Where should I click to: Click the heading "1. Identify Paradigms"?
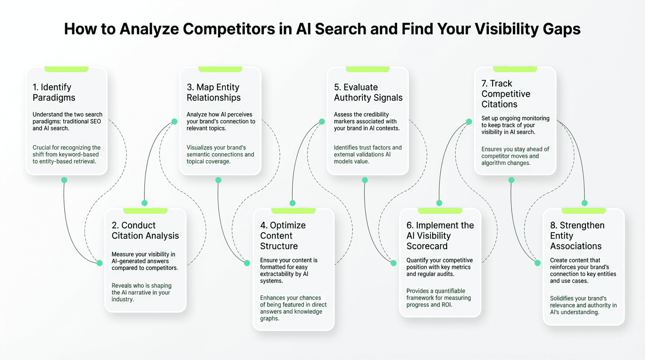(x=54, y=92)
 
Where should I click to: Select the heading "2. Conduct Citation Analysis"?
(x=145, y=230)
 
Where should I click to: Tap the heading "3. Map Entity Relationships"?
(x=213, y=92)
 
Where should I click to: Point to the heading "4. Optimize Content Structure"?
(x=283, y=235)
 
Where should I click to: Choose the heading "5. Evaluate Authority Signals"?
(x=368, y=92)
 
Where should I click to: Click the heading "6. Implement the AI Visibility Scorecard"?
(x=440, y=235)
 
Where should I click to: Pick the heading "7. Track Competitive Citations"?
(x=506, y=94)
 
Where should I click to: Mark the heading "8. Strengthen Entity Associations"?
(x=577, y=235)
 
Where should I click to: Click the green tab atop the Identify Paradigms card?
(x=66, y=69)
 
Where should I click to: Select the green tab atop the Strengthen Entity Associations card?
(x=584, y=210)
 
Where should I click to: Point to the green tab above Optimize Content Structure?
(x=293, y=210)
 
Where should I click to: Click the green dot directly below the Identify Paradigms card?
(x=64, y=180)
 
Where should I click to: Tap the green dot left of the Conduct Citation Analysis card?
(x=99, y=263)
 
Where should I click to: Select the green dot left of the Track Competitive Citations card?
(x=469, y=121)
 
